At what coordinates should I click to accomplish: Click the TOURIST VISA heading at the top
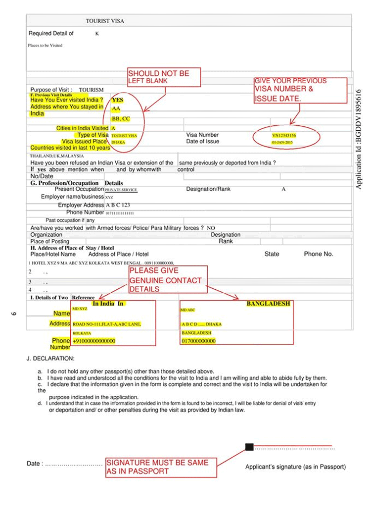pos(104,22)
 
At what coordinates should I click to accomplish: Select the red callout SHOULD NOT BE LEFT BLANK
pos(164,76)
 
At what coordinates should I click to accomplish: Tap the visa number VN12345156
pos(284,135)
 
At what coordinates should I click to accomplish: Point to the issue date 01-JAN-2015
pos(283,142)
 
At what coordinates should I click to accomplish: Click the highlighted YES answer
pos(117,100)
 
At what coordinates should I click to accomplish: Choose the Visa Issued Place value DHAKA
pos(118,142)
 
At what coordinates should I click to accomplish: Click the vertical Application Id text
pos(360,139)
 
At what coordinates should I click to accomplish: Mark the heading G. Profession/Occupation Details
pos(76,182)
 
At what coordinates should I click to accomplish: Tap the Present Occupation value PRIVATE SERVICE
pos(121,190)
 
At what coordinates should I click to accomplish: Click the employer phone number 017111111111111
pos(120,213)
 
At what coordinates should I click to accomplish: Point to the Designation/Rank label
pos(208,189)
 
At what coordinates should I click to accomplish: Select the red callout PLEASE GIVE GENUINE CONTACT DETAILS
pos(166,280)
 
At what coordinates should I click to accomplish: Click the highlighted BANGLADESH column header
pos(268,303)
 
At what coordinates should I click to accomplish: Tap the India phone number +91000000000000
pos(93,341)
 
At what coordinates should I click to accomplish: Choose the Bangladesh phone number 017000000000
pos(199,341)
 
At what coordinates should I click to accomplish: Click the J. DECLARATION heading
pos(51,358)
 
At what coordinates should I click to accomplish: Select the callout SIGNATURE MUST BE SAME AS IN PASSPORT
pos(161,467)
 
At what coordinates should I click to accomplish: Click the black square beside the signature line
pos(249,447)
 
